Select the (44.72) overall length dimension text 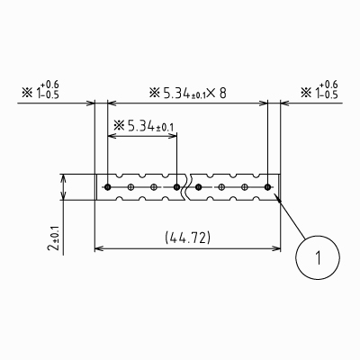(188, 238)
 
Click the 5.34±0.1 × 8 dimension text (188, 94)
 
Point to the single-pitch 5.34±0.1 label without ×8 (144, 126)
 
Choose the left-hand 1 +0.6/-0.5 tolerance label (40, 90)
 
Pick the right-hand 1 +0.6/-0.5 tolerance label (319, 90)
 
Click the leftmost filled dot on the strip (108, 187)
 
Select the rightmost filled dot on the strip (267, 187)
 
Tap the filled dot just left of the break (176, 187)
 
